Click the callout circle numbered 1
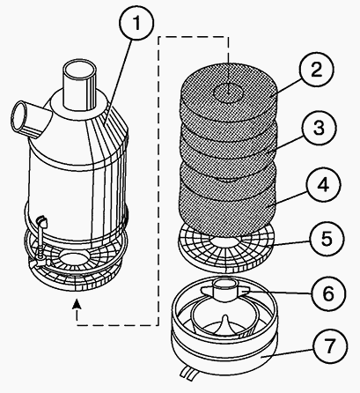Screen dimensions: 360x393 136,23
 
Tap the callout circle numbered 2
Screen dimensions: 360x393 316,70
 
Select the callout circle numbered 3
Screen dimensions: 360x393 320,128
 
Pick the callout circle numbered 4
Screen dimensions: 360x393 323,185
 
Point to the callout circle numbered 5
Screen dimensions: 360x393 326,239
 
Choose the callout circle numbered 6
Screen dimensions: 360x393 328,293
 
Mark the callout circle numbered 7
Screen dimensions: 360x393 330,346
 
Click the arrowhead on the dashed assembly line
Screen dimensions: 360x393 77,304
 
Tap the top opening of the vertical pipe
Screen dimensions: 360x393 80,70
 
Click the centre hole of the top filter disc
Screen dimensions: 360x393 228,93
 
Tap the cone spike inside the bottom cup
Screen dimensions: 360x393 225,323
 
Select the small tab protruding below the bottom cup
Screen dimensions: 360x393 188,370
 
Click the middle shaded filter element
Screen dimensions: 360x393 229,152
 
